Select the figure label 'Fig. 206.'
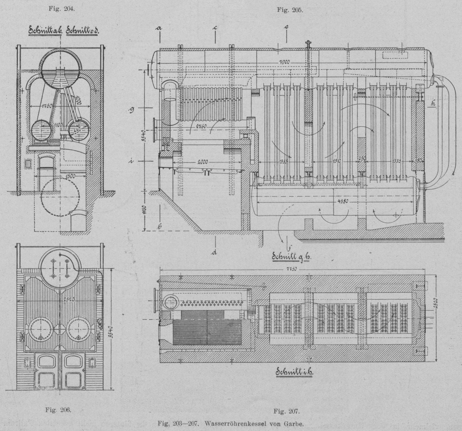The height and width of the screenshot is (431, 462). coord(59,410)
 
